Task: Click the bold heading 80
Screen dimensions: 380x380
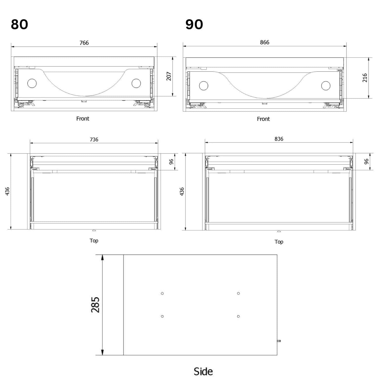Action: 20,25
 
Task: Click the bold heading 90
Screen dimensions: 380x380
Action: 194,25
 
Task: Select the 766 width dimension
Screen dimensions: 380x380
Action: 84,43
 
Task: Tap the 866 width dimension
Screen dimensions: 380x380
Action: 264,42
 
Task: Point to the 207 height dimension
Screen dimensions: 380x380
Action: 169,76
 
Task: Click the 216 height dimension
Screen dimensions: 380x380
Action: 365,78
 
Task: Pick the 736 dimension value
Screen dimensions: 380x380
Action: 94,140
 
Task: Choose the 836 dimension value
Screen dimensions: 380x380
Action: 279,139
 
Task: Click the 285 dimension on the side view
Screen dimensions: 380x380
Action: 95,305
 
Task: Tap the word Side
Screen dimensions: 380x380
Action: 203,372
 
